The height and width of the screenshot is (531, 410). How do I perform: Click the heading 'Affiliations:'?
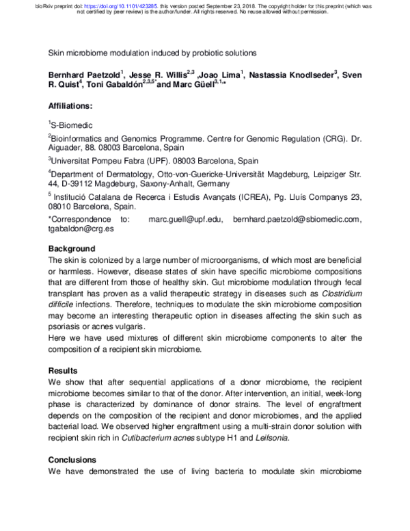[x=74, y=107]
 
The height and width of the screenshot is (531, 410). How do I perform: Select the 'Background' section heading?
[x=72, y=248]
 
